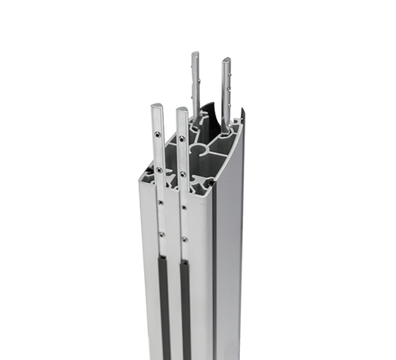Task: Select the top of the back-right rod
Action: click(226, 59)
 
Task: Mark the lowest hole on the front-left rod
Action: click(162, 234)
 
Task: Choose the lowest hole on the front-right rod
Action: click(185, 238)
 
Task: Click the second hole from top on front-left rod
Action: click(159, 169)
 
